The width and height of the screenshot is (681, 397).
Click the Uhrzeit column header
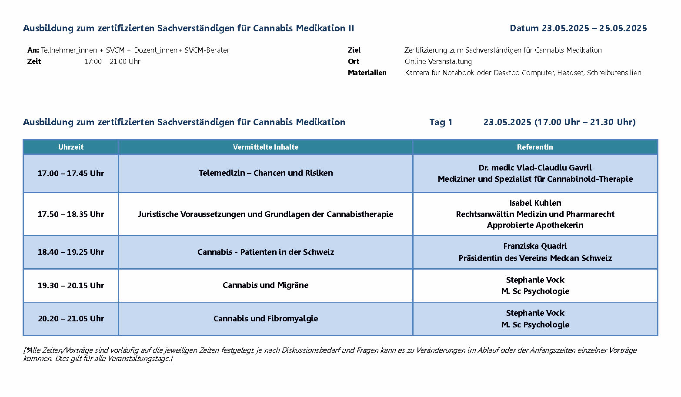[71, 147]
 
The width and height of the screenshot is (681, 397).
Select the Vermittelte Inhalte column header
[265, 147]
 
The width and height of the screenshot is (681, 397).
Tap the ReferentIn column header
[535, 147]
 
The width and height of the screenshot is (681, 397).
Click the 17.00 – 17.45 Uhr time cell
[71, 173]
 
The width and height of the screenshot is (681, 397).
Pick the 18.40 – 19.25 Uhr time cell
[71, 252]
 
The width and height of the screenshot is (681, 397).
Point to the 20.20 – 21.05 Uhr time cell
[71, 318]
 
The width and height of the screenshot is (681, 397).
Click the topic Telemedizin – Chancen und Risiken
[265, 173]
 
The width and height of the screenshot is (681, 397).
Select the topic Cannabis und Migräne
[265, 285]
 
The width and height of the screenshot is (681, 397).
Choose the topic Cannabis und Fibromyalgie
[265, 318]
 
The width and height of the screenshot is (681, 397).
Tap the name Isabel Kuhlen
[535, 203]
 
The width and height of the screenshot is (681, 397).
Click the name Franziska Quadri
[535, 246]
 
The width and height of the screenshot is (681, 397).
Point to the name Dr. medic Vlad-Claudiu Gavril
[535, 167]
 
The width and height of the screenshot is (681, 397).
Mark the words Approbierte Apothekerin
[535, 225]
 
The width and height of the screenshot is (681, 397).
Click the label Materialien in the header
[367, 73]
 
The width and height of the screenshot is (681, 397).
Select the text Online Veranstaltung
[438, 61]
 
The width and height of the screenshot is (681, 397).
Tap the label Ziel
[354, 50]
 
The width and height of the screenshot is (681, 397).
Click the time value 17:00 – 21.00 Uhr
[112, 61]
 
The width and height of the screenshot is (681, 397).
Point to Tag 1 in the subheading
[441, 122]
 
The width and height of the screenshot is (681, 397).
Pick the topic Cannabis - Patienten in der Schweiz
[265, 252]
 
